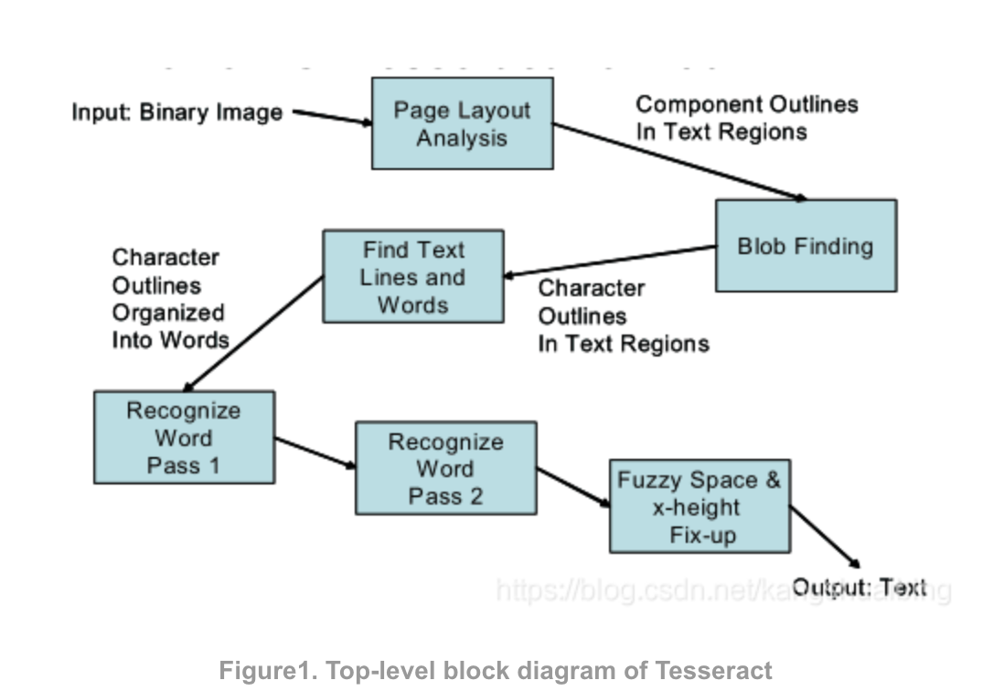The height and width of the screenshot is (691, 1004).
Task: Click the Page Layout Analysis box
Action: coord(462,123)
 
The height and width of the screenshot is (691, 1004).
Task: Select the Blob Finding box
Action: coord(805,246)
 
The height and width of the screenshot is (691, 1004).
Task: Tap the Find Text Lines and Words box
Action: coord(412,276)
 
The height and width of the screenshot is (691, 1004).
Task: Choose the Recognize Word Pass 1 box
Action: coord(184,437)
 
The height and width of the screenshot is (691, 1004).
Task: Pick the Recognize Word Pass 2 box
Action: coord(445,468)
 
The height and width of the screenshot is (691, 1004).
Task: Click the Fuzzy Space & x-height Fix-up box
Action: coord(700,506)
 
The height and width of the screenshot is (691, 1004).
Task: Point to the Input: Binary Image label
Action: coord(177,113)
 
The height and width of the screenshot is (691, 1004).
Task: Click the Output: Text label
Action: coord(859,588)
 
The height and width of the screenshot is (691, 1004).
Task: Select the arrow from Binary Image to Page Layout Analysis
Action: coord(332,117)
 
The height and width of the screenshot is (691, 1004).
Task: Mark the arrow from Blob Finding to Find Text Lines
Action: coord(610,260)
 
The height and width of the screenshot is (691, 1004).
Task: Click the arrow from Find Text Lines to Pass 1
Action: coord(253,334)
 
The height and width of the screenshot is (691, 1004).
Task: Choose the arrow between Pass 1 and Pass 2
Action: coord(315,452)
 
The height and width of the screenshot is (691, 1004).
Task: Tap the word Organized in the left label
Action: coord(168,313)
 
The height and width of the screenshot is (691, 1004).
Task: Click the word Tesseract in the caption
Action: coord(713,671)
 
